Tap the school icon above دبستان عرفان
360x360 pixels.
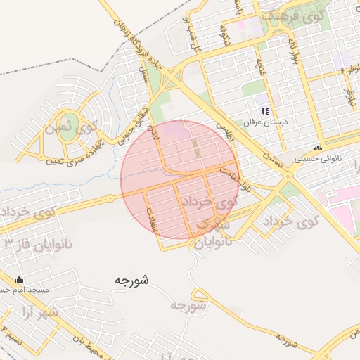(265, 111)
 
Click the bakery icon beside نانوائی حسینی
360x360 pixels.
(318, 148)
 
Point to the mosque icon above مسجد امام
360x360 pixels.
(19, 280)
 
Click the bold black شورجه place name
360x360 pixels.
(131, 281)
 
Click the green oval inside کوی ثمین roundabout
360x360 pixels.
(70, 122)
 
